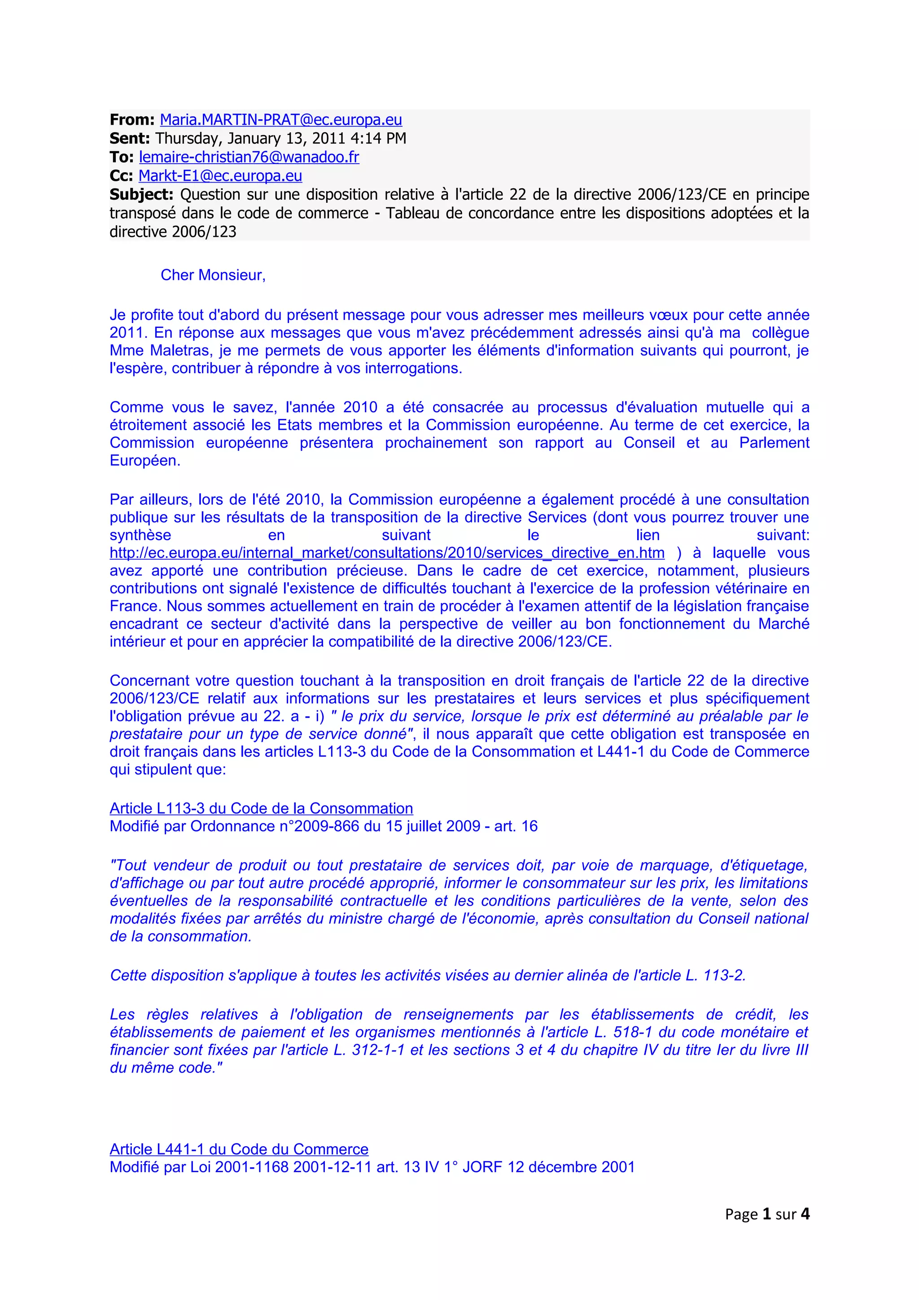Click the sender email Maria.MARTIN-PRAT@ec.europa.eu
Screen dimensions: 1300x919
[281, 120]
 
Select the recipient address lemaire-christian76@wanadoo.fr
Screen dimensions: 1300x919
[249, 157]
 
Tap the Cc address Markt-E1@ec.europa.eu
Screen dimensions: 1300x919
[220, 176]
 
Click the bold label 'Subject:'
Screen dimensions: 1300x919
[141, 195]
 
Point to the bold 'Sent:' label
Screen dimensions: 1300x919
[130, 139]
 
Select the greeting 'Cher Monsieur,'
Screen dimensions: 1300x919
[213, 275]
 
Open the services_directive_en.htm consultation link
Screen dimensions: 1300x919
[387, 553]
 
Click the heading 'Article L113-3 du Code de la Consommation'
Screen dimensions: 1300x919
[261, 808]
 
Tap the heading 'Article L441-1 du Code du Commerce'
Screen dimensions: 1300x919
[239, 1149]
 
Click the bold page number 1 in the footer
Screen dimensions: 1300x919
[767, 1214]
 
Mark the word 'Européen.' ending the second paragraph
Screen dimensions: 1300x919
[145, 461]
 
